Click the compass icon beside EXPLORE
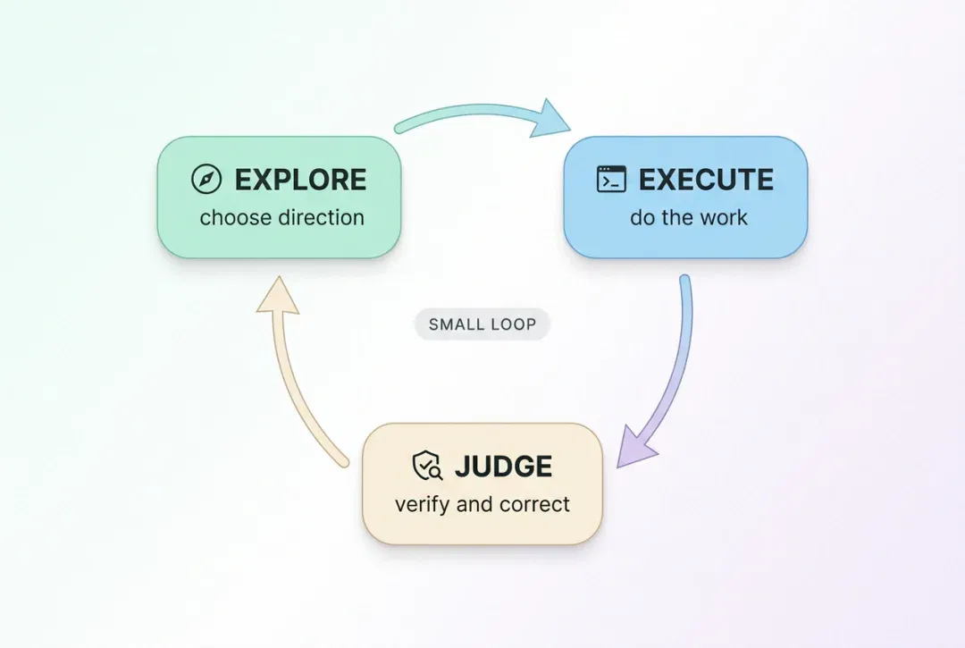tap(206, 179)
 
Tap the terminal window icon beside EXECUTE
tap(611, 179)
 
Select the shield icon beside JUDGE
tap(427, 466)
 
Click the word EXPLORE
tap(300, 180)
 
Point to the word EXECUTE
tap(706, 180)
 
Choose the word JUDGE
tap(503, 467)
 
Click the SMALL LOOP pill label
tap(482, 324)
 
